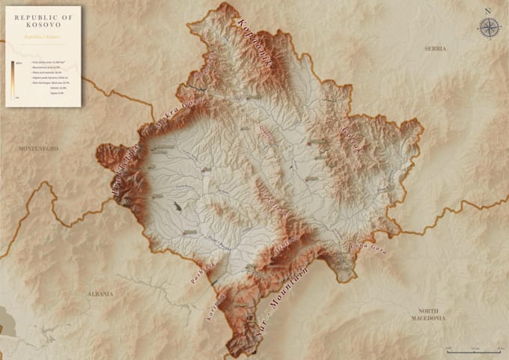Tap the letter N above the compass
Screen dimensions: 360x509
click(x=487, y=11)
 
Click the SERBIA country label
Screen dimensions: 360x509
click(x=435, y=49)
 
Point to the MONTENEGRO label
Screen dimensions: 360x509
click(x=38, y=149)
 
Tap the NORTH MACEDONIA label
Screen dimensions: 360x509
click(x=432, y=314)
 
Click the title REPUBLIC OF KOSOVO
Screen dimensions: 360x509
click(x=43, y=19)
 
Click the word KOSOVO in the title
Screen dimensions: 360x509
click(x=43, y=24)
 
